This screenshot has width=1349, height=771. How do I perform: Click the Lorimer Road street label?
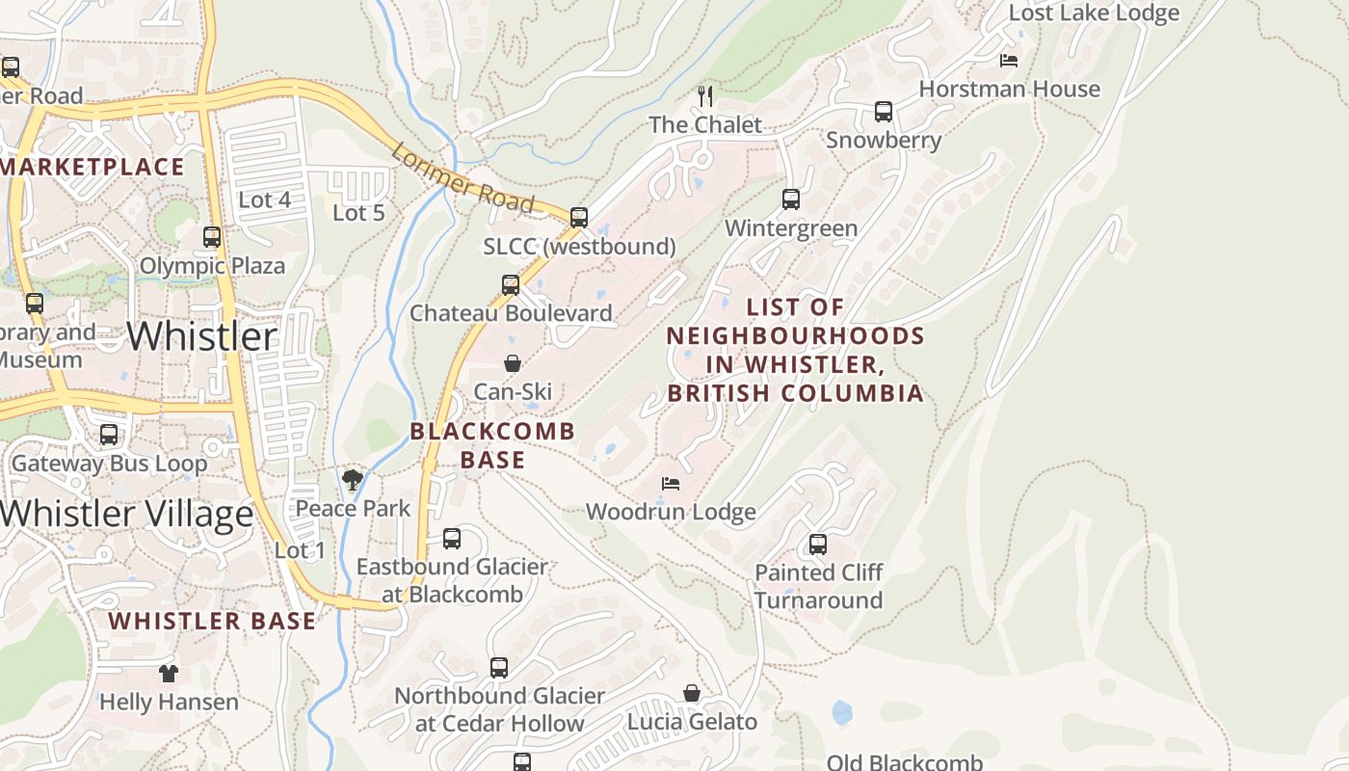pos(463,178)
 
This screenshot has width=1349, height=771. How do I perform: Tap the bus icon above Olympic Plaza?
pos(212,236)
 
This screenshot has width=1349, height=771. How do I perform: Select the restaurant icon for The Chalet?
pos(705,95)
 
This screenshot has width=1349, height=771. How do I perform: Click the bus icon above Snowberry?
pos(884,111)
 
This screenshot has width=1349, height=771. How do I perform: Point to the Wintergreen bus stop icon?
pos(791,199)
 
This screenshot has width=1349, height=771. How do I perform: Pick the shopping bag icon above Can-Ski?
pos(513,363)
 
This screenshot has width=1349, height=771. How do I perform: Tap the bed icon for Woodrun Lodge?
pos(671,483)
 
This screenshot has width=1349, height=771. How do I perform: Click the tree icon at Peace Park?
pos(353,479)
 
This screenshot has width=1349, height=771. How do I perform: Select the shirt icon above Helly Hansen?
pos(169,673)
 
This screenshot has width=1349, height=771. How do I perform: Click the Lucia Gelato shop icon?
pos(692,693)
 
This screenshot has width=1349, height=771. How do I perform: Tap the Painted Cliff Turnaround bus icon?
pos(818,544)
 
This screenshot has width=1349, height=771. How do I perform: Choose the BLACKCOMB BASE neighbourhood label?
pos(492,445)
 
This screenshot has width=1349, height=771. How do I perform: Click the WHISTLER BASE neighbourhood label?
pos(212,622)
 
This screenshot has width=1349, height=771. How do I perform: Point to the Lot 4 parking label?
pos(264,200)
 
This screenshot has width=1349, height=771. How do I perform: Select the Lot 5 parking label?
pos(358,213)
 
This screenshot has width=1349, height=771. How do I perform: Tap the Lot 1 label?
pos(300,551)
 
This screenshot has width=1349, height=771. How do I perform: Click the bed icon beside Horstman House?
pos(1009,60)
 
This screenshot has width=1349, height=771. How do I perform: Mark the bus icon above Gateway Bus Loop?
pos(109,435)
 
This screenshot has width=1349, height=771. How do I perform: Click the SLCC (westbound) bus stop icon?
pos(579,218)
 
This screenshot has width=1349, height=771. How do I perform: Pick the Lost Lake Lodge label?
pos(1094,13)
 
